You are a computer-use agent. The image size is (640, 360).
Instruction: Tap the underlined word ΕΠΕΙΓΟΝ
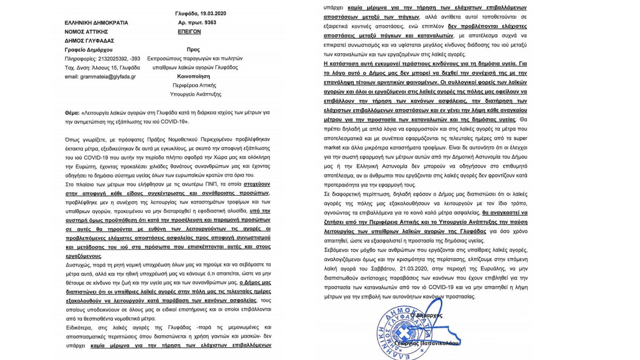point(189,32)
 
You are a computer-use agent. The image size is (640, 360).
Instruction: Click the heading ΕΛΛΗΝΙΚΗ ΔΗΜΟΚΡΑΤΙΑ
point(96,23)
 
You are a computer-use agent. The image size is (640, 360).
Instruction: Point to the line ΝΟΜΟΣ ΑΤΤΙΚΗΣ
point(86,32)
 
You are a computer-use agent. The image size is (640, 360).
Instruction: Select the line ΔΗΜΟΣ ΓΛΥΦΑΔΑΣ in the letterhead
point(89,41)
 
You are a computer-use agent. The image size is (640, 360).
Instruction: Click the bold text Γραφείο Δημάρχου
point(88,50)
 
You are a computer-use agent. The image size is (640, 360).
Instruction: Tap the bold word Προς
point(193,50)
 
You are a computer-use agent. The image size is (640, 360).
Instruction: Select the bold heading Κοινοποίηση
point(193,76)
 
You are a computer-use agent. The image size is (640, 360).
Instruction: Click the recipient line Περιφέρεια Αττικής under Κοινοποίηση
point(194,85)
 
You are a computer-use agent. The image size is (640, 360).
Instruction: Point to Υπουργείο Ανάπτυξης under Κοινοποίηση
point(195,94)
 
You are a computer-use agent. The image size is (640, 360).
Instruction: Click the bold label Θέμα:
point(72,113)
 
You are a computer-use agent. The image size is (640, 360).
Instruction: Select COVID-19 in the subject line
point(172,122)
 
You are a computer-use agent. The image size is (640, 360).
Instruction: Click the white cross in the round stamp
point(403,332)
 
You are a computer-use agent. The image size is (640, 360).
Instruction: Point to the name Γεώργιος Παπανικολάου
point(426,343)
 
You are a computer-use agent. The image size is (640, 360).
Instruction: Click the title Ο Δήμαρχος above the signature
point(426,315)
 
